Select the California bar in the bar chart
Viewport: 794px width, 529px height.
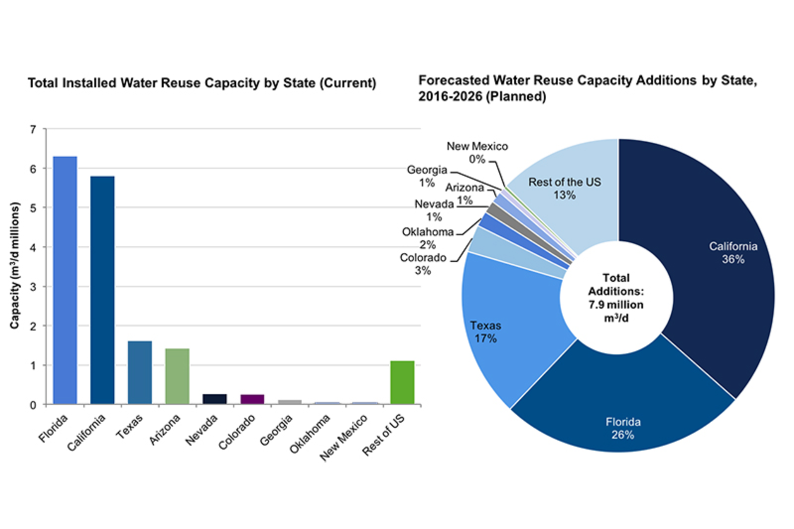click(x=102, y=290)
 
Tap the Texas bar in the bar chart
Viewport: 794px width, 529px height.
click(x=140, y=372)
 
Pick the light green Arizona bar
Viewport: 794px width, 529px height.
click(x=177, y=376)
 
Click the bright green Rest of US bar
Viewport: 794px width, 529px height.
click(x=402, y=382)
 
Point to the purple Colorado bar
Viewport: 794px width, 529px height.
click(x=252, y=399)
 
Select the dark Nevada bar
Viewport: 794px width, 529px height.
click(x=215, y=399)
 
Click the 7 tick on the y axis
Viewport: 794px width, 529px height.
click(x=33, y=130)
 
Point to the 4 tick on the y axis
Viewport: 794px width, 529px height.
click(x=33, y=248)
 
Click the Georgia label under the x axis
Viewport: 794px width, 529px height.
click(x=277, y=430)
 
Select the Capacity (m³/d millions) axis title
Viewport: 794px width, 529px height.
click(x=15, y=265)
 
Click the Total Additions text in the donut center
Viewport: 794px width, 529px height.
click(x=616, y=297)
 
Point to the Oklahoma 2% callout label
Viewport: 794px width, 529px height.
click(x=428, y=238)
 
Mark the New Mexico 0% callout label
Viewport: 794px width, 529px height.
click(x=477, y=152)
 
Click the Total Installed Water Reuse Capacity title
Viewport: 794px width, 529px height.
click(x=202, y=83)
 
